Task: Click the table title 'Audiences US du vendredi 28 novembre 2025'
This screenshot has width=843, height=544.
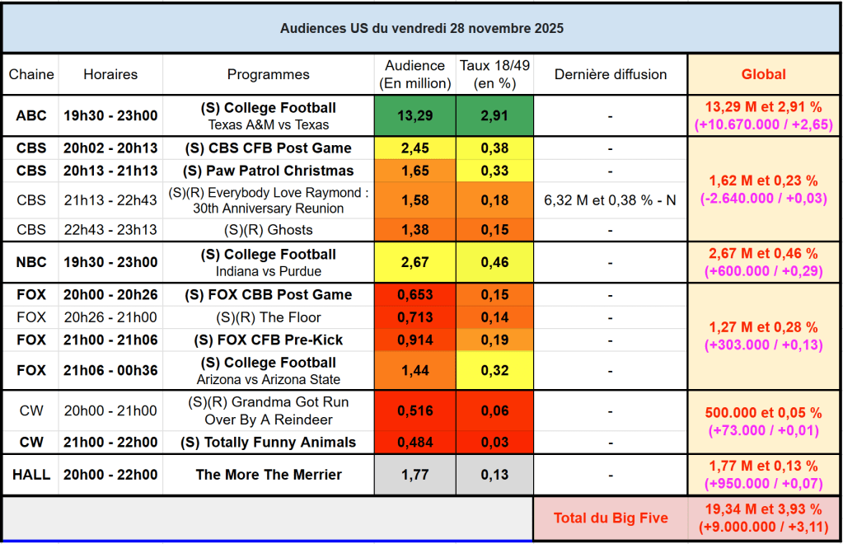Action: (421, 28)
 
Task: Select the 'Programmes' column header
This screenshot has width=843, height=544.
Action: (268, 74)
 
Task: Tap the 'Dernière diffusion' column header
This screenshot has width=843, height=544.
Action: (610, 74)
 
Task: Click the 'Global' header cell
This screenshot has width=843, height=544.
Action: (763, 74)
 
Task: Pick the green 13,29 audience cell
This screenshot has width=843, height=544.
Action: (414, 116)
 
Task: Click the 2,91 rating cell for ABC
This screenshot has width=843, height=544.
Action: (494, 116)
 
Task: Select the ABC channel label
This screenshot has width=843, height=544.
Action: (31, 116)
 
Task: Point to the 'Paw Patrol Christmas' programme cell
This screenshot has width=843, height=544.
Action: (268, 171)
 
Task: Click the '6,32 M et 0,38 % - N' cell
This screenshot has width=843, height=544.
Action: (610, 199)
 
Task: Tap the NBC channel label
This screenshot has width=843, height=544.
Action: (31, 262)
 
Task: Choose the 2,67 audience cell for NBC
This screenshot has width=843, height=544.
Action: (414, 262)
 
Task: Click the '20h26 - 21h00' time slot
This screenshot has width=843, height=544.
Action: (110, 317)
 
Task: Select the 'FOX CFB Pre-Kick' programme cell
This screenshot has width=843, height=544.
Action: (268, 340)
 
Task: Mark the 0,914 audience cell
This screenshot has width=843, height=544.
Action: (414, 340)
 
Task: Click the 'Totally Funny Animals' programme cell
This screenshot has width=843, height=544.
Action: (268, 442)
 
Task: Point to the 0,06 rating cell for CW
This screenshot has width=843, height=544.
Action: (494, 410)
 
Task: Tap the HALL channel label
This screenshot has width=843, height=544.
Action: (31, 475)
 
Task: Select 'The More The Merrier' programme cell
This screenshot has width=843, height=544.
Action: (268, 475)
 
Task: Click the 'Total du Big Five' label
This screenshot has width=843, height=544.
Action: (610, 518)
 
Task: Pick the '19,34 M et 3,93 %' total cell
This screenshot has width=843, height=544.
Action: (763, 509)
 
